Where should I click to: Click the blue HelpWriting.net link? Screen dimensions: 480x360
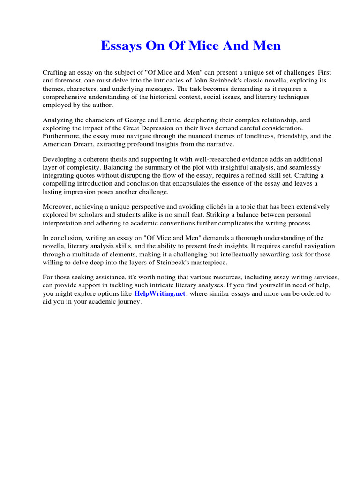(x=160, y=294)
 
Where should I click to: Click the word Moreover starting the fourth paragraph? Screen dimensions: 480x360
(x=59, y=207)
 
